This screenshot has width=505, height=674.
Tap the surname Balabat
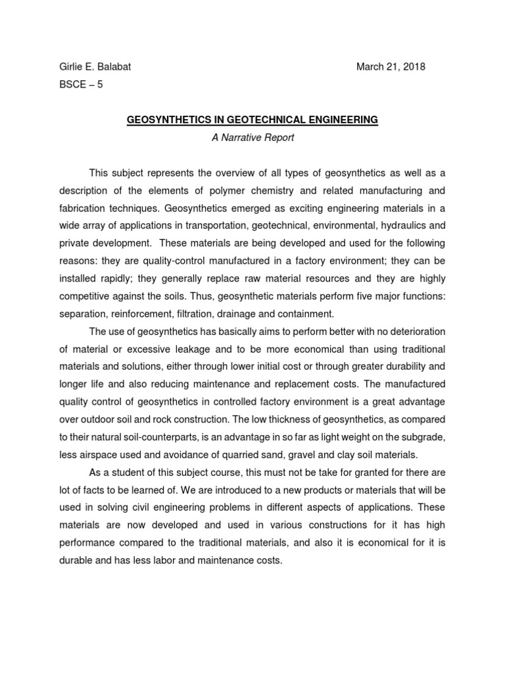[111, 66]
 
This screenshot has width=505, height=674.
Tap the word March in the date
[372, 66]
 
